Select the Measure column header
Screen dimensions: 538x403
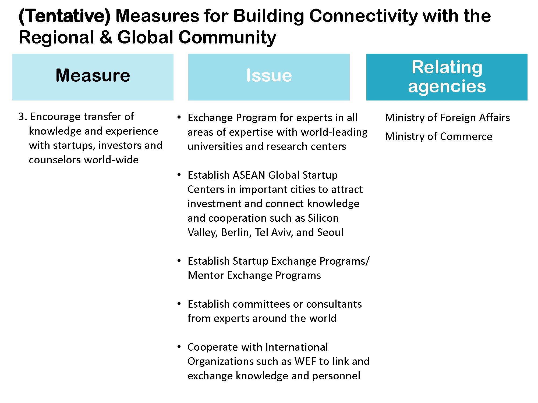(93, 77)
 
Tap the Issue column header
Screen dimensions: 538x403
(269, 77)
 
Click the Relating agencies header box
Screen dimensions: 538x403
(447, 77)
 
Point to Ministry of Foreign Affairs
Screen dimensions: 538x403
(447, 118)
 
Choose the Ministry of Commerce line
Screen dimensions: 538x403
(438, 136)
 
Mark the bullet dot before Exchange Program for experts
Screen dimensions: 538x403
(179, 118)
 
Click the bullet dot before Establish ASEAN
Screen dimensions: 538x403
(179, 175)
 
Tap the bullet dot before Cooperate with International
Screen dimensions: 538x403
(179, 347)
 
